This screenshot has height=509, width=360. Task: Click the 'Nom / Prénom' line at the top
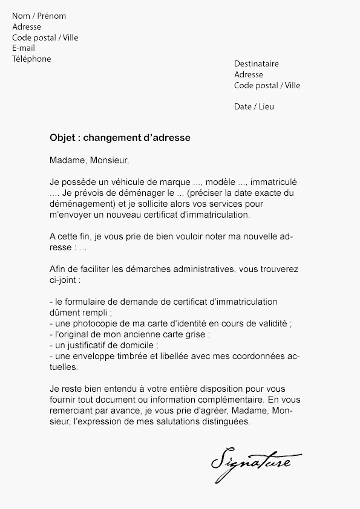coord(39,16)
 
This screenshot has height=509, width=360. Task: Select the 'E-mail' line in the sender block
coord(24,48)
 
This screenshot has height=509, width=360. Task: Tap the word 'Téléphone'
coord(31,59)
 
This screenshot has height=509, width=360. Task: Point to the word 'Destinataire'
coord(257,64)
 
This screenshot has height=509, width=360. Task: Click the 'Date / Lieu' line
coord(254,107)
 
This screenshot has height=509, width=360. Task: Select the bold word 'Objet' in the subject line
coord(62,138)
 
